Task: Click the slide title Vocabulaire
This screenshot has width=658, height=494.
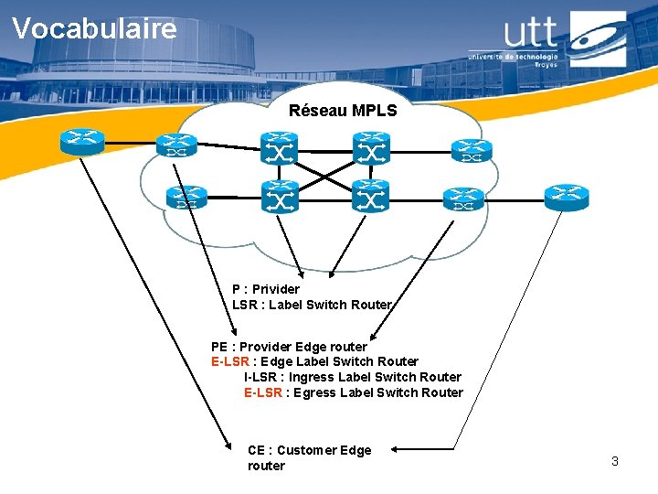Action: point(94,28)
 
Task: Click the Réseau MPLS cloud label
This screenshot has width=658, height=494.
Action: point(343,111)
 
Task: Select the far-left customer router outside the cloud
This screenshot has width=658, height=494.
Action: point(82,140)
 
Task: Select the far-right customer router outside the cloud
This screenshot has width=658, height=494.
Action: point(567,194)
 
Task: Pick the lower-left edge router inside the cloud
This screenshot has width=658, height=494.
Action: point(186,197)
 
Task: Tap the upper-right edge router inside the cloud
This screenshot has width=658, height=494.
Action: point(472,150)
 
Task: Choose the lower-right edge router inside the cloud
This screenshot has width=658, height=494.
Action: point(464,199)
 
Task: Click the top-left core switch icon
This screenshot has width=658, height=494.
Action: point(279,146)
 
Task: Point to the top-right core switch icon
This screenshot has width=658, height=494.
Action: point(371,146)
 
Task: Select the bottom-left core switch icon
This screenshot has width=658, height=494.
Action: point(279,195)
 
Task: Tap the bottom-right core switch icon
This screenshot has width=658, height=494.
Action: point(371,195)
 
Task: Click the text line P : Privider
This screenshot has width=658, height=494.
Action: point(266,289)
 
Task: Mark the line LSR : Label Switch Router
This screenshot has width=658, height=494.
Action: point(312,305)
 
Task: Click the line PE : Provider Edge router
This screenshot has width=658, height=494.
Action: point(289,347)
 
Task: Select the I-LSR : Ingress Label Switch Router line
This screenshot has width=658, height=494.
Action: point(352,377)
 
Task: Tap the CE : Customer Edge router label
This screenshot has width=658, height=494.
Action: point(309,457)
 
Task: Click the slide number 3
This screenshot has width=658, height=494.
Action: point(615,461)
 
